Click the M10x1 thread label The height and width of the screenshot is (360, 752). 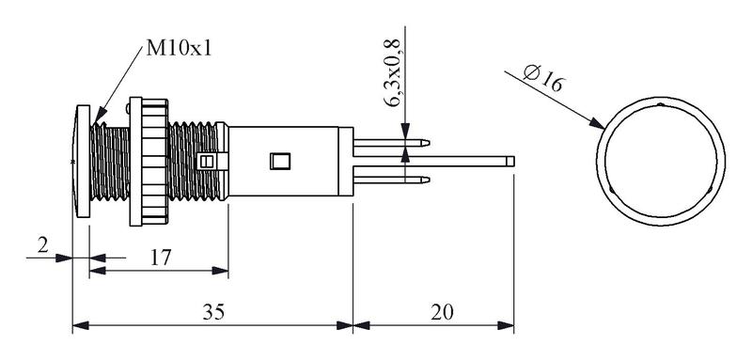[x=179, y=49]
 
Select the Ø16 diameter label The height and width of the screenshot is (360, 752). [x=543, y=78]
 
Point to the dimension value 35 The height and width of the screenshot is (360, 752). [x=213, y=313]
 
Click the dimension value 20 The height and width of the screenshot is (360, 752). [x=441, y=313]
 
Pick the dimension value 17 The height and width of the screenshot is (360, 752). [x=160, y=258]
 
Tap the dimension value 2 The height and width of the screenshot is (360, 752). [x=43, y=246]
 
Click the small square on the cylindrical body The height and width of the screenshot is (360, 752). [x=280, y=161]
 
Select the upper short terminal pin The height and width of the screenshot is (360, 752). [x=391, y=142]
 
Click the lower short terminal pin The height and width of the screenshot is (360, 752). [x=391, y=180]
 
